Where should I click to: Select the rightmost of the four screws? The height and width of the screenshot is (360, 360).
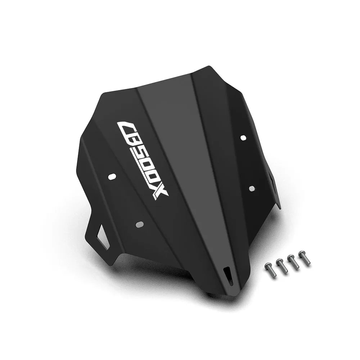click(305, 257)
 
